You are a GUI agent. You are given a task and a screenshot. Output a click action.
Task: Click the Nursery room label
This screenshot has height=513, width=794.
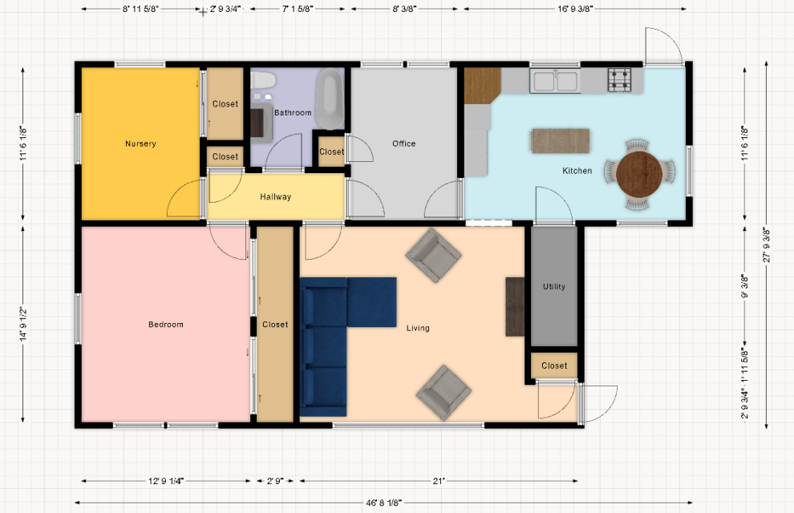tap(140, 144)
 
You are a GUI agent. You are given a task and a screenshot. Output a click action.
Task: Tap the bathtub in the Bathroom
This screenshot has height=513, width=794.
tap(329, 99)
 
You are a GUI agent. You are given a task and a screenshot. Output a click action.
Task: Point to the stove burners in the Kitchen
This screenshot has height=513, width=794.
tap(619, 79)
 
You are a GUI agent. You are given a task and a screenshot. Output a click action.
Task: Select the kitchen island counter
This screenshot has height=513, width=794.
tap(560, 140)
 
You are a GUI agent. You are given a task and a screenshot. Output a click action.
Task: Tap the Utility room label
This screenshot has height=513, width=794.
tap(554, 287)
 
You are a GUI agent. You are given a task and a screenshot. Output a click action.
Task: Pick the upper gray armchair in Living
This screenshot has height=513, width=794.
tap(433, 256)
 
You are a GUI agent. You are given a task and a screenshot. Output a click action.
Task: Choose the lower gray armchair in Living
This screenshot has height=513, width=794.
tap(444, 392)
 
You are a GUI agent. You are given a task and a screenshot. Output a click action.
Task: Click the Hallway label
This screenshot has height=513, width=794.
tap(275, 197)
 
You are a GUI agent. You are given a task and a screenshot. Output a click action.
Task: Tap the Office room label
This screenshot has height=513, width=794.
tap(403, 144)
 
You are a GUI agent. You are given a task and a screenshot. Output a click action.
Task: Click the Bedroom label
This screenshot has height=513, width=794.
tap(166, 325)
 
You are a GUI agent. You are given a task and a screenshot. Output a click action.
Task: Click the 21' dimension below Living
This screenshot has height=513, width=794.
tap(438, 482)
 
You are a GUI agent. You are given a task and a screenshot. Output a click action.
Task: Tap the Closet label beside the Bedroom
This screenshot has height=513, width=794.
tap(275, 325)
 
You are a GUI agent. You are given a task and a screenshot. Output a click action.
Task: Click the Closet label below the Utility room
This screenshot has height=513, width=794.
tap(554, 366)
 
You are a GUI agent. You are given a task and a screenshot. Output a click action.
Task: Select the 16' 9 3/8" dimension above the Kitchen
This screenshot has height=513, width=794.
tap(574, 10)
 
